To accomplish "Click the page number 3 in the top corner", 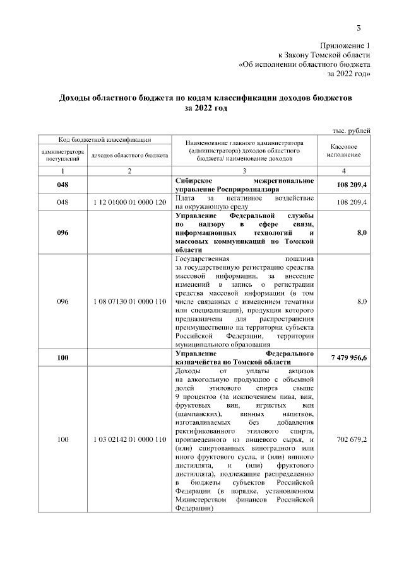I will (x=359, y=27).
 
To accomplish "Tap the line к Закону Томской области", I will (x=324, y=55).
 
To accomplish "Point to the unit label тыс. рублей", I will (x=352, y=130).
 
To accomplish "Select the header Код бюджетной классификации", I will (x=104, y=139).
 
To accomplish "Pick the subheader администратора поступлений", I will (x=62, y=154).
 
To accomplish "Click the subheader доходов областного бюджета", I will (x=129, y=154).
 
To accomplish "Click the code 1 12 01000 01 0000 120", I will (x=129, y=202).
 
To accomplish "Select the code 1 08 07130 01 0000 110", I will (x=129, y=303).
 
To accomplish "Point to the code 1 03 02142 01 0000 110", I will (x=129, y=439).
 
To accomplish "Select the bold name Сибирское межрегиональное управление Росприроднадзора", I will (x=244, y=184).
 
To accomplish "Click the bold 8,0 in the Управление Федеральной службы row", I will (x=362, y=232).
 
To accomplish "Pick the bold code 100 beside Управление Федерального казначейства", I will (x=62, y=358).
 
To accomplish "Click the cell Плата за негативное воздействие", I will (x=244, y=202).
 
